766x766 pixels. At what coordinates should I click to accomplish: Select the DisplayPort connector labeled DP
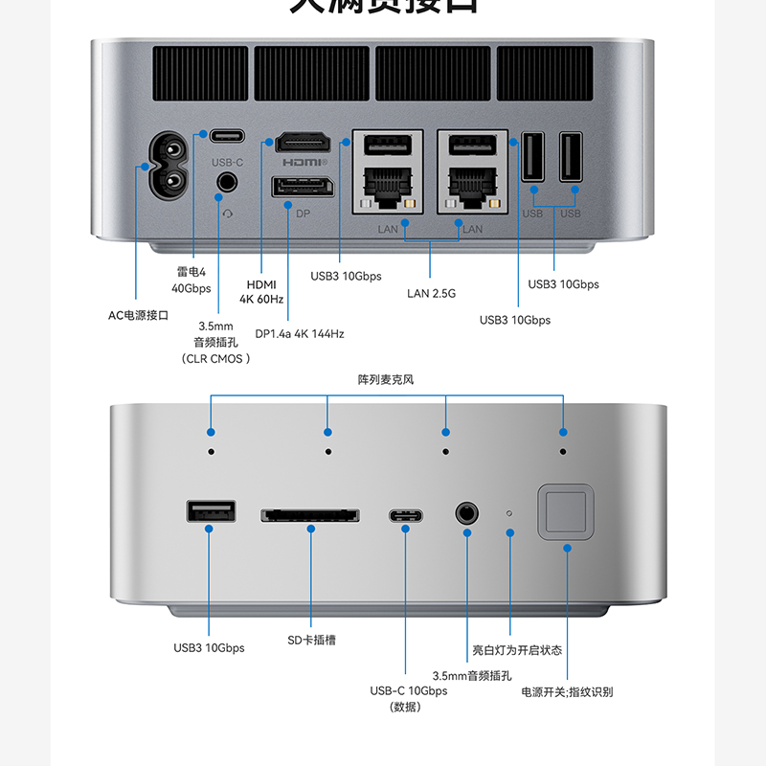[303, 190]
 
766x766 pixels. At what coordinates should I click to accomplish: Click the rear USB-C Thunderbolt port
[227, 135]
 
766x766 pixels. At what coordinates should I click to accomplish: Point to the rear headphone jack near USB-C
[227, 182]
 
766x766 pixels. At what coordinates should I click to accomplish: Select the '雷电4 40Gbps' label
[191, 280]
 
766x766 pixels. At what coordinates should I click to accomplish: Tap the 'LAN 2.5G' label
[431, 293]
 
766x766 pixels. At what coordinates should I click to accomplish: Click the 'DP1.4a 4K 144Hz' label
[299, 334]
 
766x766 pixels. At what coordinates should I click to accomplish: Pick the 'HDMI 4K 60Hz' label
[261, 291]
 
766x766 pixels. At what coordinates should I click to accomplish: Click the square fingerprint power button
[566, 512]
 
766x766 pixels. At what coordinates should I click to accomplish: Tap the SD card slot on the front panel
[310, 515]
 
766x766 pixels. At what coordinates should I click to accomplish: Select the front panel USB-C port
[406, 515]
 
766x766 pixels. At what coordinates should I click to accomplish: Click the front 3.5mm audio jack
[467, 513]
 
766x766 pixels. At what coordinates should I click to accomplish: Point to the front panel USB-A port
[209, 512]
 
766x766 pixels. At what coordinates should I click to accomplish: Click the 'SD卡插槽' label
[311, 640]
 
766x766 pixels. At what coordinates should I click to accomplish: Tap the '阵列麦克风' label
[386, 380]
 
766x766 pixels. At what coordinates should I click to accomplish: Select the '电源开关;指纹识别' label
[567, 692]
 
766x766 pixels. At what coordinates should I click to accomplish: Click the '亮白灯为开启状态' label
[517, 650]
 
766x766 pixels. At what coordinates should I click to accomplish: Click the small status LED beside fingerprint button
[509, 513]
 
